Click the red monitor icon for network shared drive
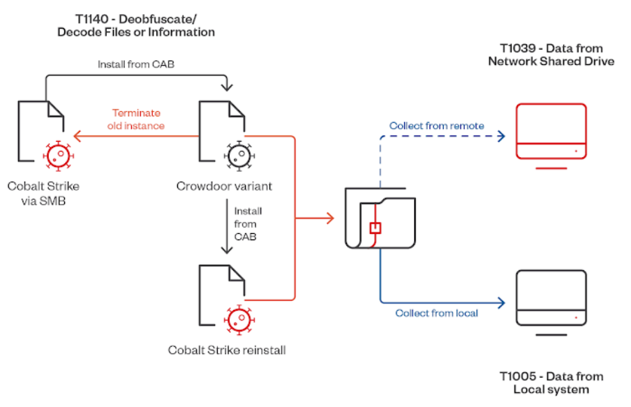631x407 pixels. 550,133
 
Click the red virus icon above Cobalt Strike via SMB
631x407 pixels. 55,155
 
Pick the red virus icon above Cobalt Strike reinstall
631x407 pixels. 238,319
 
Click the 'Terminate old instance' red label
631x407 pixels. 136,119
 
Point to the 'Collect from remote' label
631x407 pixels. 436,126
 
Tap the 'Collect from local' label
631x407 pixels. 436,313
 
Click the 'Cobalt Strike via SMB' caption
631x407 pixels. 43,193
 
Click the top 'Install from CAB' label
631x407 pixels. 135,65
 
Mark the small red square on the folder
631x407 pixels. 375,228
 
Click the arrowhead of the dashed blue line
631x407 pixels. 500,137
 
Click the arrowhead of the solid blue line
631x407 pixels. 500,303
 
